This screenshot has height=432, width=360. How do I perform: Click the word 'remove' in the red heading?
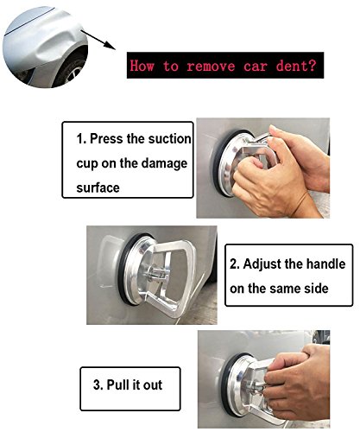211,66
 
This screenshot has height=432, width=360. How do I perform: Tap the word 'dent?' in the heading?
296,66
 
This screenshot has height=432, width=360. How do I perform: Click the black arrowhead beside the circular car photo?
110,45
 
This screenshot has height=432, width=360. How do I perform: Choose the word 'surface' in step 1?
98,188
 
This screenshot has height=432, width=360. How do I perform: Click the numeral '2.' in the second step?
235,264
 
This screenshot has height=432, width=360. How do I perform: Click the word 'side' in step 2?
316,289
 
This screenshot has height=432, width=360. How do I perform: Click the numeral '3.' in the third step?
98,385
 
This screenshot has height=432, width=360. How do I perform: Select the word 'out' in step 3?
153,385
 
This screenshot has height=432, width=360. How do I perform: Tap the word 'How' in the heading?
142,66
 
